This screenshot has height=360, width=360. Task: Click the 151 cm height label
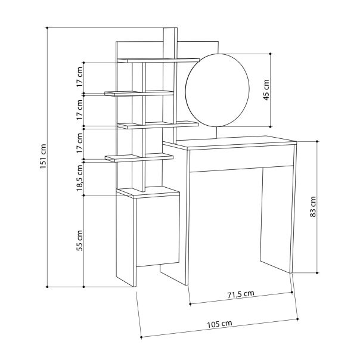pyautogui.click(x=42, y=157)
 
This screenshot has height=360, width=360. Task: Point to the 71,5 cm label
pyautogui.click(x=241, y=293)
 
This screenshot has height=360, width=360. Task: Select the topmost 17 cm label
pyautogui.click(x=79, y=77)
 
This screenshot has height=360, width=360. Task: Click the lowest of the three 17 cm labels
pyautogui.click(x=79, y=143)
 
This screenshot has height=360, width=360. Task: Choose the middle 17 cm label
pyautogui.click(x=79, y=110)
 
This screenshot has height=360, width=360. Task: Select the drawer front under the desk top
pyautogui.click(x=242, y=159)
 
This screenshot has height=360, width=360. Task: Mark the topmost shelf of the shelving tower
pyautogui.click(x=158, y=59)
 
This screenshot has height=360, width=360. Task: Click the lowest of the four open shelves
pyautogui.click(x=139, y=157)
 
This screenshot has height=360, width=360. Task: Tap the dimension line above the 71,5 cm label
pyautogui.click(x=241, y=298)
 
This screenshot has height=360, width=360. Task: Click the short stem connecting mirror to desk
pyautogui.click(x=215, y=133)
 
